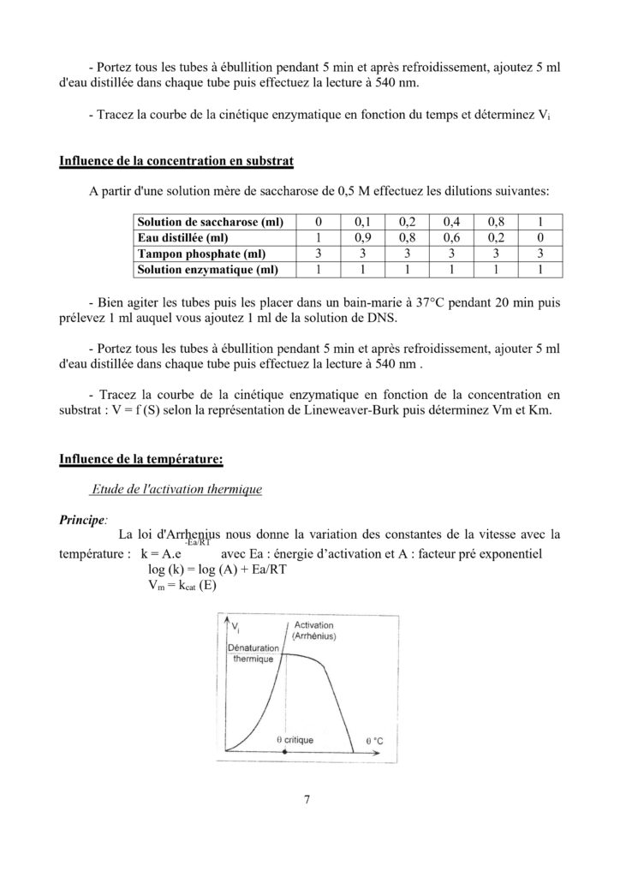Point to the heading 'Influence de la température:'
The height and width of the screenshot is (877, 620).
click(141, 458)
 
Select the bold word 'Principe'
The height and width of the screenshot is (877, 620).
click(81, 519)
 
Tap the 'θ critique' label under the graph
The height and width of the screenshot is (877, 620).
click(295, 738)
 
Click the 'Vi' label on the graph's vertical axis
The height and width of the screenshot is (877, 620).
click(235, 629)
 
